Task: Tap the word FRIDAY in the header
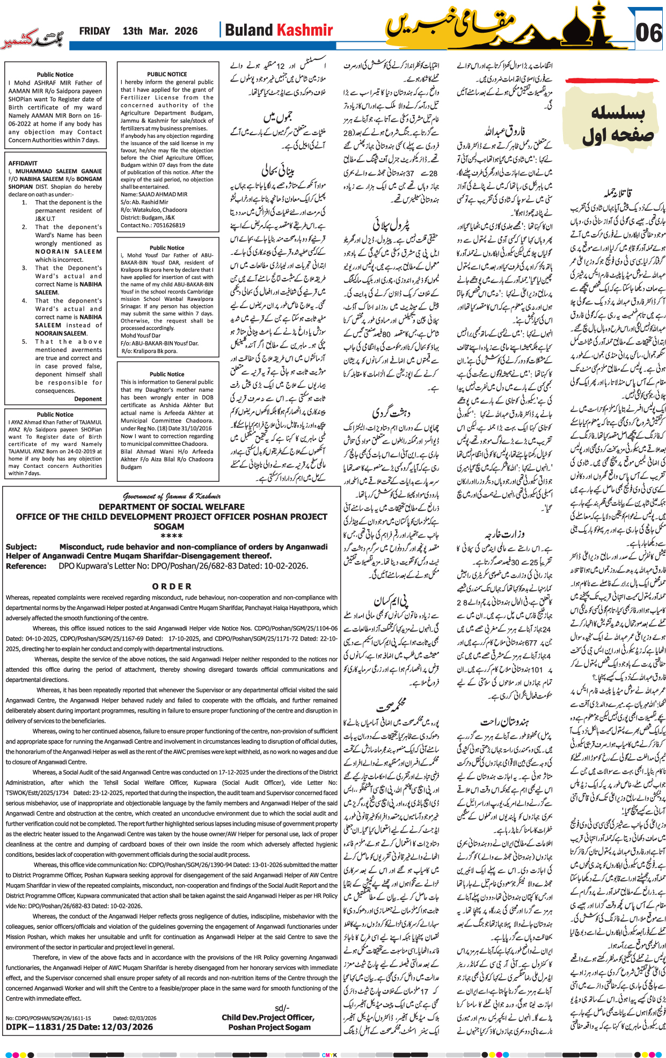[x=94, y=31]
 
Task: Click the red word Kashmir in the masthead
[x=305, y=31]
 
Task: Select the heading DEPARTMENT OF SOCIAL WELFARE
[x=171, y=506]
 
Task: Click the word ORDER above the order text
[x=171, y=586]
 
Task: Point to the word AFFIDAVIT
[x=23, y=163]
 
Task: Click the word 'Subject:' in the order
[x=21, y=547]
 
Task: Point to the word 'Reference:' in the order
[x=26, y=566]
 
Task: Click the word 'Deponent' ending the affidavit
[x=88, y=399]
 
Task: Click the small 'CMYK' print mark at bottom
[x=330, y=1055]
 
